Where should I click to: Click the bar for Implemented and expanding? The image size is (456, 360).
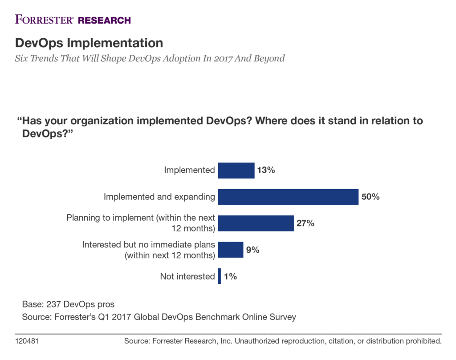point(288,197)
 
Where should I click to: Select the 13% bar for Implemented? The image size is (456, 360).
point(236,170)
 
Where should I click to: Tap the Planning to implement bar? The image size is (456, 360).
point(256,223)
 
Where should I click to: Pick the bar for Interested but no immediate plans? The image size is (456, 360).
point(231,250)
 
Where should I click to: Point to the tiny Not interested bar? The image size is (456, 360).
point(219,276)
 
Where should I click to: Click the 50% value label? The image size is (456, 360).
point(370,197)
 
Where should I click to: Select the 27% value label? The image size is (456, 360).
point(306,223)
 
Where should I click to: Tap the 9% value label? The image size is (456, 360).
point(253,250)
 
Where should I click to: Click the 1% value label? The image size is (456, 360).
point(230,276)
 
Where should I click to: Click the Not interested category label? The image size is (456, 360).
point(187,276)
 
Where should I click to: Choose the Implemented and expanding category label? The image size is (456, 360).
point(159,197)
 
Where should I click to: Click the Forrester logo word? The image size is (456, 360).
point(45,20)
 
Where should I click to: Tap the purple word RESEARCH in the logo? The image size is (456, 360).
point(104,20)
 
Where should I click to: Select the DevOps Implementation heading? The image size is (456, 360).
point(89,43)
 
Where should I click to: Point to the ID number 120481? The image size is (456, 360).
point(28,342)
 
